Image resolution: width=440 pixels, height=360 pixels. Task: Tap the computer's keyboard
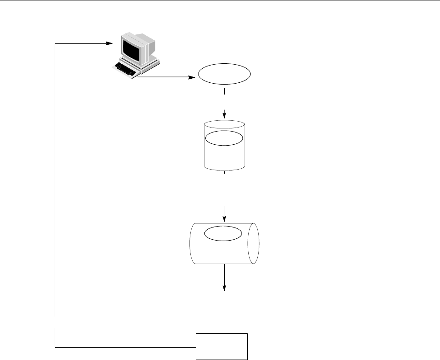coord(126,69)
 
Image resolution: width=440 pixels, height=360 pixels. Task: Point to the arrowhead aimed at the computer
coord(109,44)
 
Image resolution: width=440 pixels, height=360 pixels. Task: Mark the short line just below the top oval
coord(224,91)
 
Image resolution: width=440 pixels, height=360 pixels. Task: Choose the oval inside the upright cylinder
coord(224,138)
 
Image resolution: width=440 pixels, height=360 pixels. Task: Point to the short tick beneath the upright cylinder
coord(224,173)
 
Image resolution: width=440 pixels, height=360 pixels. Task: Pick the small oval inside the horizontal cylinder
coord(224,233)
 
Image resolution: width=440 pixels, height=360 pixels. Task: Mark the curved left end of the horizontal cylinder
coord(191,243)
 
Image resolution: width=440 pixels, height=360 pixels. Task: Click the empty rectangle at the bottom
coord(222,346)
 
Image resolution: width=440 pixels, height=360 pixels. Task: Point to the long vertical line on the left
coord(55,181)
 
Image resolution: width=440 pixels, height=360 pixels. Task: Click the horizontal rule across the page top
coord(220,1)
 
